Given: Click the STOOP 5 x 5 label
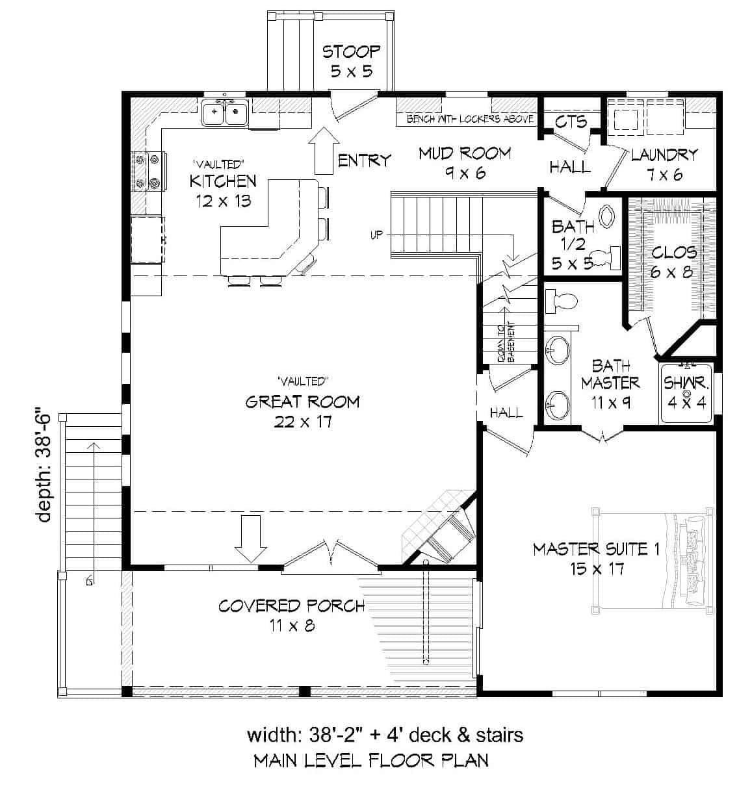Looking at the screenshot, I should tap(351, 60).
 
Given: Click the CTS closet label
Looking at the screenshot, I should tap(571, 121).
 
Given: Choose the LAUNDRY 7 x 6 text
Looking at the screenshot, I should tap(664, 164).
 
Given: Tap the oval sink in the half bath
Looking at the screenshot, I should tap(607, 217).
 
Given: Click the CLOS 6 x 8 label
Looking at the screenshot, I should tap(673, 261).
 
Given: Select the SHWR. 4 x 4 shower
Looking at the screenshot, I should tap(686, 394).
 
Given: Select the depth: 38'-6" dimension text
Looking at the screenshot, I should tap(44, 465).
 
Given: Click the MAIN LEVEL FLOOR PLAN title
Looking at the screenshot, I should tap(370, 760).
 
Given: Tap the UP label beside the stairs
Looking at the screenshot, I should tap(377, 235).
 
